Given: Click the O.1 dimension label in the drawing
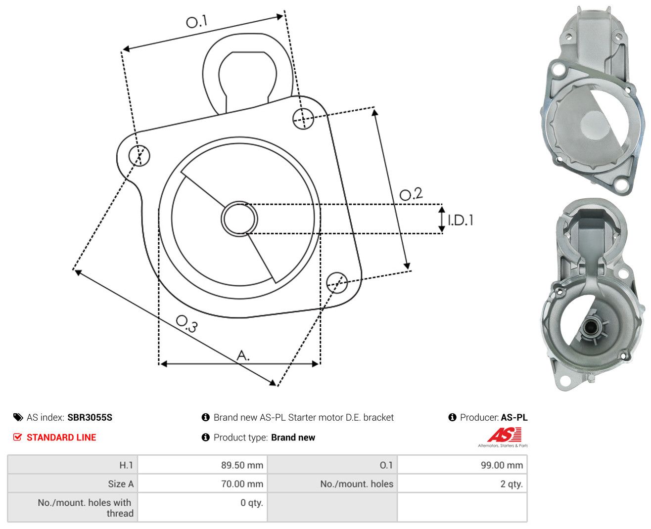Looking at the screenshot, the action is tap(196, 21).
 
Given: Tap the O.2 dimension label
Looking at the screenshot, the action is tap(411, 194).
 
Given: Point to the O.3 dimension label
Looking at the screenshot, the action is tap(187, 323).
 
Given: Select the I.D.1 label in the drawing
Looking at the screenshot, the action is tap(460, 220).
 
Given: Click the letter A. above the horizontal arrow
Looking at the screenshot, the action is tap(243, 355).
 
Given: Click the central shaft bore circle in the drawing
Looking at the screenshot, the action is tap(239, 219).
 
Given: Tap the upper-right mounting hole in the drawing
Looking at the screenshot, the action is tap(303, 118).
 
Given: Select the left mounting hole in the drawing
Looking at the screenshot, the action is tap(139, 155).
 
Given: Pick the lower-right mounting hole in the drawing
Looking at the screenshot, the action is tap(337, 282).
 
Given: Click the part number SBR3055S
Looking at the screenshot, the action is tap(90, 417).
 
